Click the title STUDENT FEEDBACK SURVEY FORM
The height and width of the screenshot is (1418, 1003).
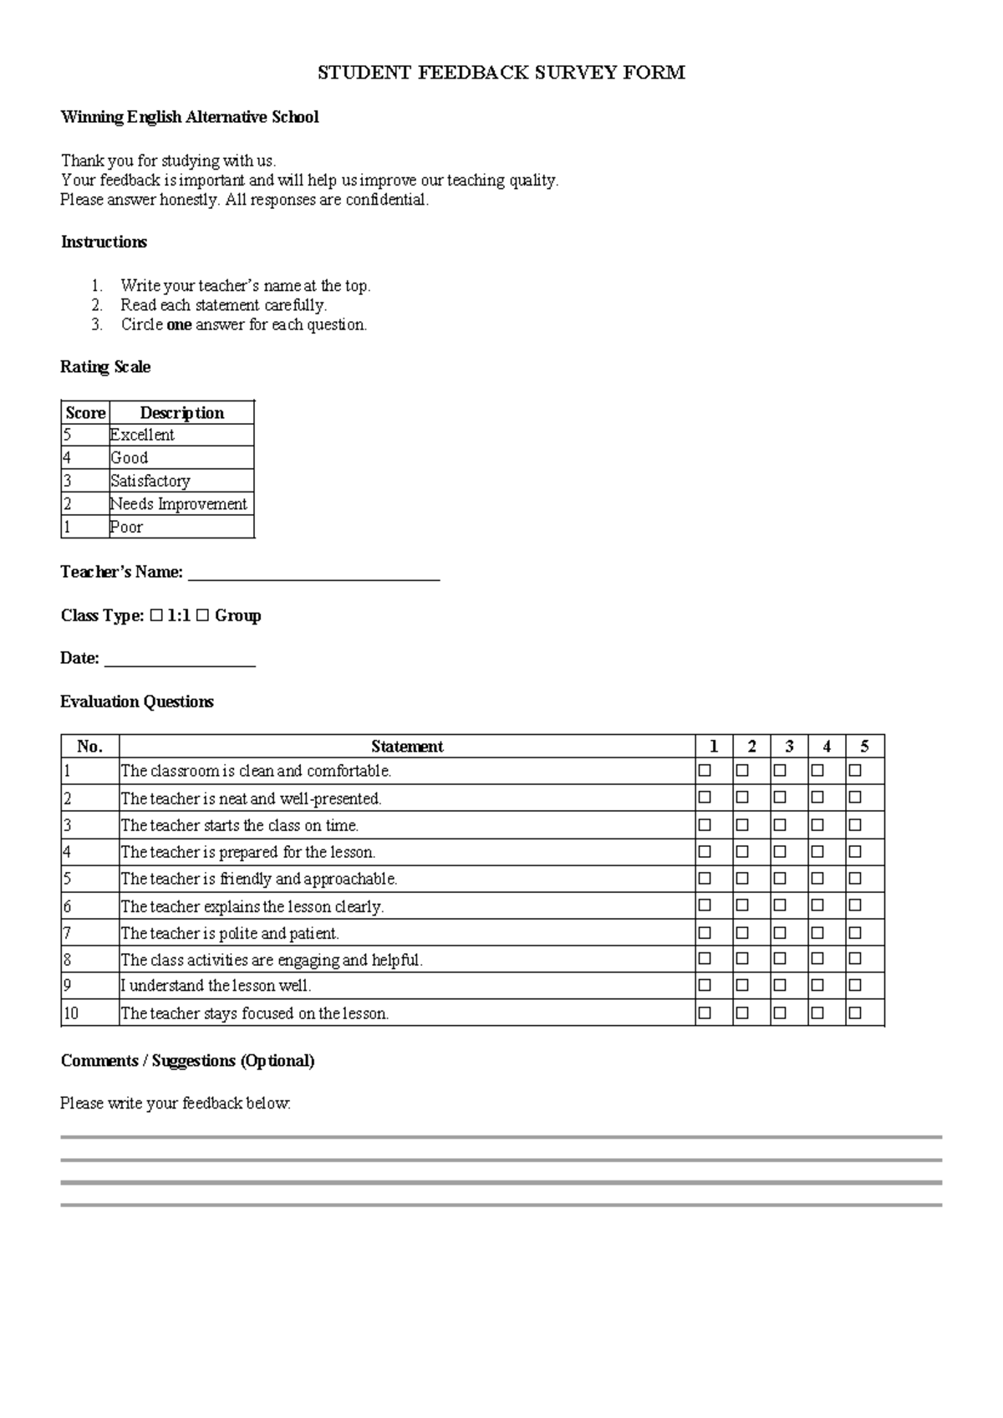[x=501, y=73]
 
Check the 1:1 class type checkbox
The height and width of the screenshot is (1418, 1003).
[x=157, y=616]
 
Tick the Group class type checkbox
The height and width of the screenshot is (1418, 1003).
[x=203, y=616]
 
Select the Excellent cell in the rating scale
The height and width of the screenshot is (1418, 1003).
[x=142, y=435]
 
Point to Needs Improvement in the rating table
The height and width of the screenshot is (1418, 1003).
[x=179, y=504]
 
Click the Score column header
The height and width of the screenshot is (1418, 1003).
[x=85, y=413]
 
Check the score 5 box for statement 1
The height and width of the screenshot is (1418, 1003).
[x=855, y=771]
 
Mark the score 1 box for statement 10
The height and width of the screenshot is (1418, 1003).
[x=705, y=1013]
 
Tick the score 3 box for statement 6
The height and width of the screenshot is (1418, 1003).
[x=780, y=905]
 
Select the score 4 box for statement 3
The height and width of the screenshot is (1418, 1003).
[x=817, y=825]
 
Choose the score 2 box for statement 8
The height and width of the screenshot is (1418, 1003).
[x=742, y=959]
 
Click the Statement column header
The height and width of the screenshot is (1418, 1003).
[x=407, y=747]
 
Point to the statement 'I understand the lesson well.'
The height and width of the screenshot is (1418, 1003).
[x=216, y=986]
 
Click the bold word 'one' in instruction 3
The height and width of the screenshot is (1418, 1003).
[x=179, y=325]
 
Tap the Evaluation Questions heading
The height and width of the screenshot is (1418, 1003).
[x=137, y=702]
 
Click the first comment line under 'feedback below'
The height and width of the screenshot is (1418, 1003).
[x=501, y=1137]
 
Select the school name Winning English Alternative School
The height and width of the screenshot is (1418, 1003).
[x=189, y=117]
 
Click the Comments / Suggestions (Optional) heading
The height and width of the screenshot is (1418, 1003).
[x=187, y=1061]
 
